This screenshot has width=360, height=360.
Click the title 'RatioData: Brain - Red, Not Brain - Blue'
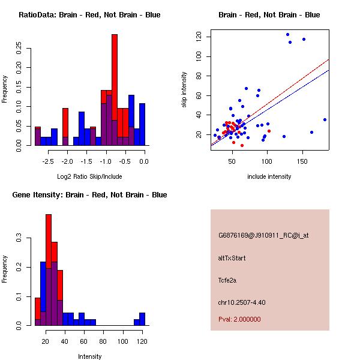[89, 15]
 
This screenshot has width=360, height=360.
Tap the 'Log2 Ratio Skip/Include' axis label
[89, 177]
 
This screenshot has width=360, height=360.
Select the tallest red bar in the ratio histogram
[115, 90]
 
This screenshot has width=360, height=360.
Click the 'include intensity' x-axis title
[269, 177]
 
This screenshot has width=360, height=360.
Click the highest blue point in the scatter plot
[287, 34]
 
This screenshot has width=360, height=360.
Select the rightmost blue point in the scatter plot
[325, 119]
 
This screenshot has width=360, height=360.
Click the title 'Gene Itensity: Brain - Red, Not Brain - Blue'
[89, 195]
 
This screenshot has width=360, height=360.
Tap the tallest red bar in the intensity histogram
[49, 269]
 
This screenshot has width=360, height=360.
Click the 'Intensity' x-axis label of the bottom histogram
[89, 357]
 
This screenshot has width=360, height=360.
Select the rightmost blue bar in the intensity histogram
[142, 319]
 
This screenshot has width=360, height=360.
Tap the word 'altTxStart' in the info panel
[232, 258]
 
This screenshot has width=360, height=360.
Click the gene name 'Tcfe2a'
[228, 280]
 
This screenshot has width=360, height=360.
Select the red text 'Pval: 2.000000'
[239, 319]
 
